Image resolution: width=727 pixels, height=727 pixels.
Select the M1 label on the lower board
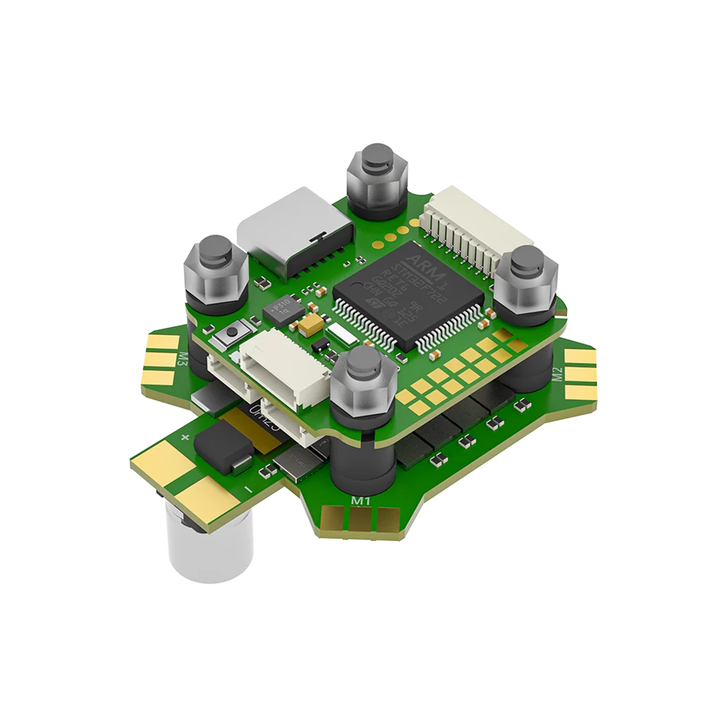tap(361, 501)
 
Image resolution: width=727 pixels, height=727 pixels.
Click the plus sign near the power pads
tap(185, 437)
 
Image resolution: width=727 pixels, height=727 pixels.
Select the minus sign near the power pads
tap(249, 492)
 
